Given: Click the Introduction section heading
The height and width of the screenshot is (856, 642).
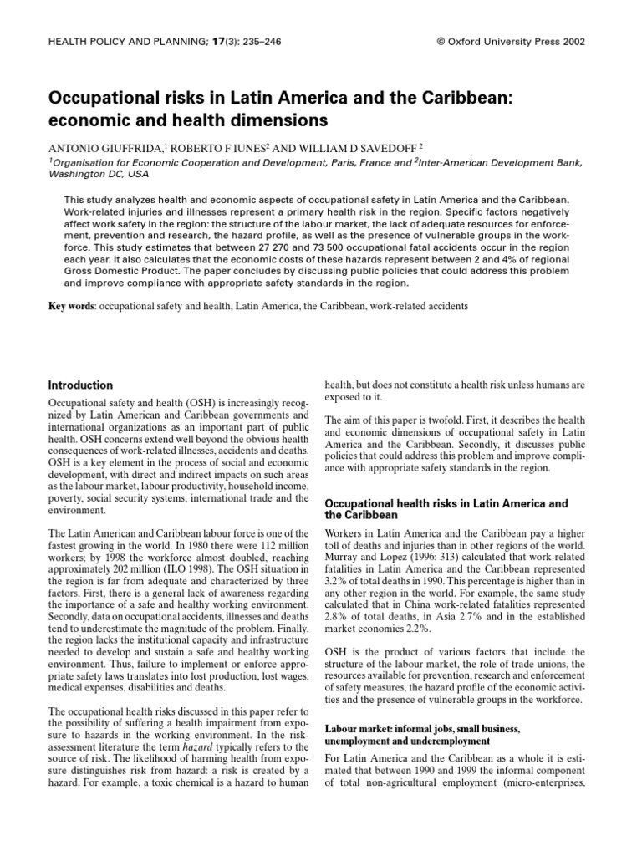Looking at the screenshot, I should (x=80, y=385).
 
